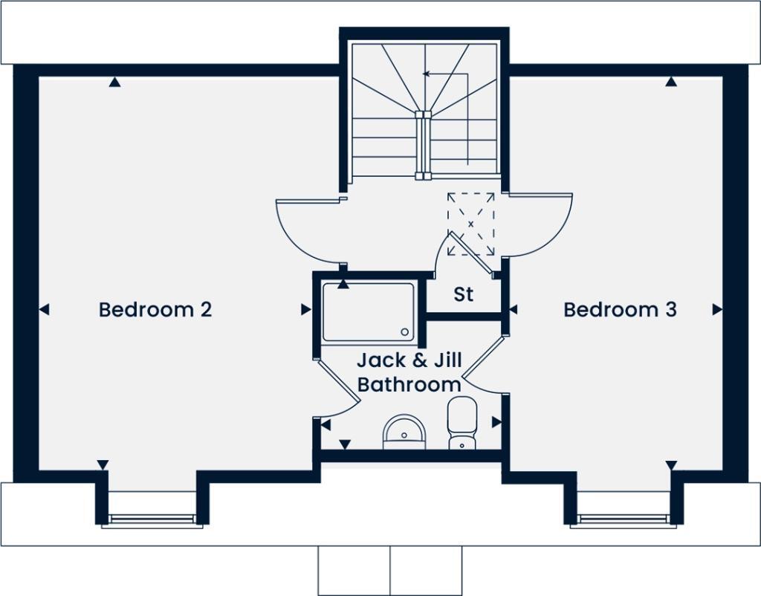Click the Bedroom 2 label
[x=155, y=309]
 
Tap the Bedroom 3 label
[x=620, y=309]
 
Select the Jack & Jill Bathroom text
[x=409, y=372]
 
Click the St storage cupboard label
[x=464, y=294]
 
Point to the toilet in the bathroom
[x=462, y=422]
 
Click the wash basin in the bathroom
[x=404, y=432]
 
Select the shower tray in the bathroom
[x=369, y=312]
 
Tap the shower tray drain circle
[x=405, y=333]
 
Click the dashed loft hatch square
[x=470, y=224]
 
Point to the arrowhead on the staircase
[x=426, y=74]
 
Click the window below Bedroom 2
[x=152, y=520]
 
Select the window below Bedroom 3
[x=623, y=520]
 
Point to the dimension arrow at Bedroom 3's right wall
[x=717, y=310]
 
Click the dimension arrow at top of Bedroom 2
[x=114, y=82]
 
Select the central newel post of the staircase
[x=422, y=145]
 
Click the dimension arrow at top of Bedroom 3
[x=671, y=82]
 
